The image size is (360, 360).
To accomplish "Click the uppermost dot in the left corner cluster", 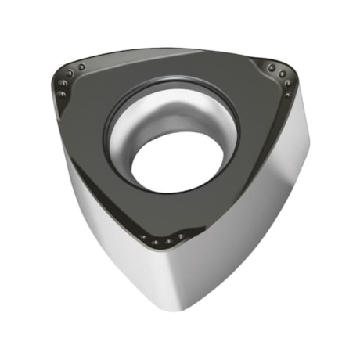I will (81, 67).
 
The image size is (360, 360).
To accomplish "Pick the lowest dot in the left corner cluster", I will (61, 94).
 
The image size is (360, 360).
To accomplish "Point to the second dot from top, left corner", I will (70, 74).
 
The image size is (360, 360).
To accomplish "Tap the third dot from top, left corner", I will (63, 83).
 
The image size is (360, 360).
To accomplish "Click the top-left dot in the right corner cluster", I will (272, 68).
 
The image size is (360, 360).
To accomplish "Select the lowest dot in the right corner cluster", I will (287, 95).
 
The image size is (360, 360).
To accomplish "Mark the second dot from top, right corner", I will (283, 74).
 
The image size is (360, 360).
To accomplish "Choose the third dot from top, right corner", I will (288, 83).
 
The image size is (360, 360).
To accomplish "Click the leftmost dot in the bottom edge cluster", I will (143, 236).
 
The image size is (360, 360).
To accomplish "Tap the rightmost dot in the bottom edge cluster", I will (181, 236).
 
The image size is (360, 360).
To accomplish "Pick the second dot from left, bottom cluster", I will (155, 242).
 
